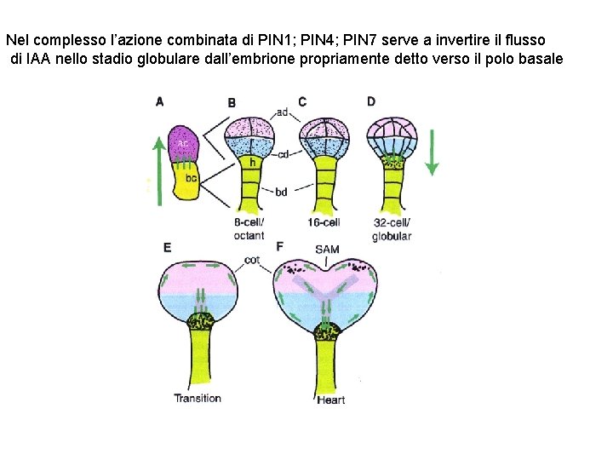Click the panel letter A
point(160,101)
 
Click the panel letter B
point(232,103)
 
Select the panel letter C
point(302,101)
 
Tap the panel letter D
point(371,101)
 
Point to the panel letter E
point(167,247)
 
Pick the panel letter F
point(280,247)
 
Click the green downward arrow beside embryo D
point(432,153)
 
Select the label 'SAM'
point(327,250)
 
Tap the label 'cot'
point(252,259)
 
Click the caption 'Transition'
point(198,398)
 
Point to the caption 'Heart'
point(330,400)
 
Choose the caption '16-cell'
point(324,223)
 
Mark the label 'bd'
point(281,193)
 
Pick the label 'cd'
point(283,154)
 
